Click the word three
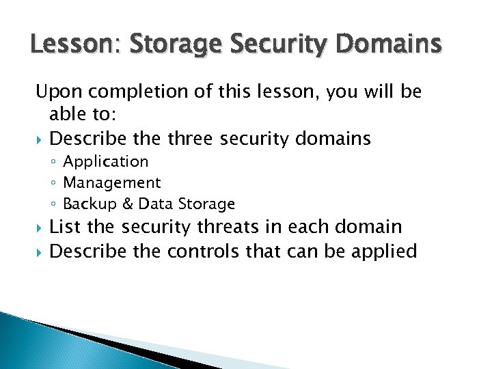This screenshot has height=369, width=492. (187, 139)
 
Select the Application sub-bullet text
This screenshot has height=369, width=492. (105, 162)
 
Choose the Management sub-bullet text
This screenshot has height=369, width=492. (111, 183)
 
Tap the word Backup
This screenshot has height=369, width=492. (85, 204)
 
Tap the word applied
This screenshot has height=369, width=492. (384, 252)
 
